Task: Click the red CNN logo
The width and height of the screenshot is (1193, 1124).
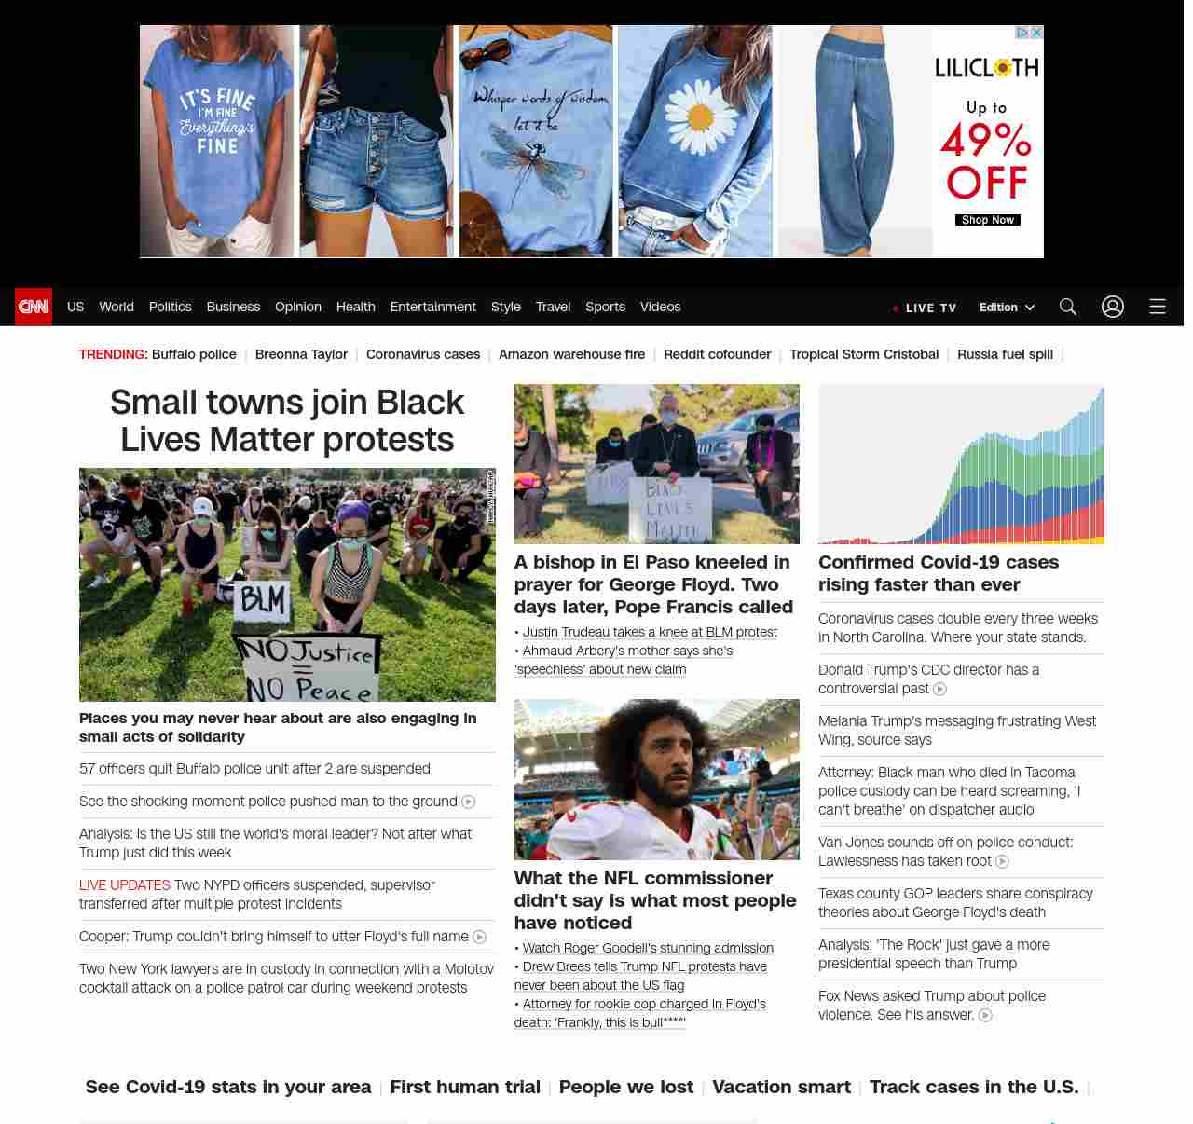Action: tap(34, 307)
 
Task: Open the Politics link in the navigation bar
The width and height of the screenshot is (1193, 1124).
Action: tap(170, 307)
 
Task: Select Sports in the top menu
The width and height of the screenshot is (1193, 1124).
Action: tap(605, 307)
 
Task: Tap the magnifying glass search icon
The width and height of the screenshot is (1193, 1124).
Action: tap(1067, 307)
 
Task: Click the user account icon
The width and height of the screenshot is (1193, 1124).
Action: tap(1112, 307)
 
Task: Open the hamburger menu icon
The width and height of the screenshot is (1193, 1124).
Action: tap(1157, 307)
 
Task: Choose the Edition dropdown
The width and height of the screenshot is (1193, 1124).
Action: tap(1007, 308)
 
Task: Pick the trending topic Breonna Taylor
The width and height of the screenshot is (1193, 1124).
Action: tap(301, 354)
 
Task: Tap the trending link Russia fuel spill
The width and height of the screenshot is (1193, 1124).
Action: tap(1005, 354)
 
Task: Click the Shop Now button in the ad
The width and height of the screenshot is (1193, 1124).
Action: tap(987, 221)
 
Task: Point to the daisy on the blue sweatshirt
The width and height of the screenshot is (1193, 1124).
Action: tap(700, 117)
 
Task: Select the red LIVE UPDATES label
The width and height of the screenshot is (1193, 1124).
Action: tap(125, 885)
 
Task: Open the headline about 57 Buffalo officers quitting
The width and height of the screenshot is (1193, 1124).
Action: tap(254, 769)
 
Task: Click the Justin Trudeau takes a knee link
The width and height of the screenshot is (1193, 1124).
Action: tap(650, 632)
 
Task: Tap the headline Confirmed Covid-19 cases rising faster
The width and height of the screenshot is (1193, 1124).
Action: tap(938, 573)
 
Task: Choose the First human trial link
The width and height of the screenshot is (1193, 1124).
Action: tap(465, 1087)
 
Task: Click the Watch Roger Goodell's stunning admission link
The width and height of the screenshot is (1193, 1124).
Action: tap(648, 948)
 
